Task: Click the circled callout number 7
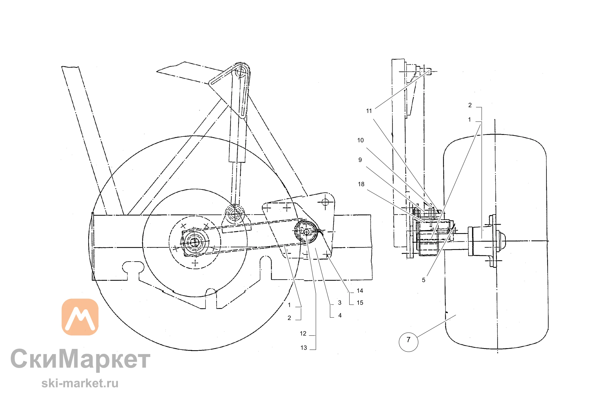pos(408,340)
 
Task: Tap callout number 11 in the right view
pos(369,111)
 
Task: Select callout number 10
pos(360,140)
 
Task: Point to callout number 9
pos(360,160)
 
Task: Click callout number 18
pos(361,184)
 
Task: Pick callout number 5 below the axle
pos(424,280)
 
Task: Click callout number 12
pos(303,334)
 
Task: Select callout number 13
pos(304,348)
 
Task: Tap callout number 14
pos(360,291)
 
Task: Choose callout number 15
pos(360,303)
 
